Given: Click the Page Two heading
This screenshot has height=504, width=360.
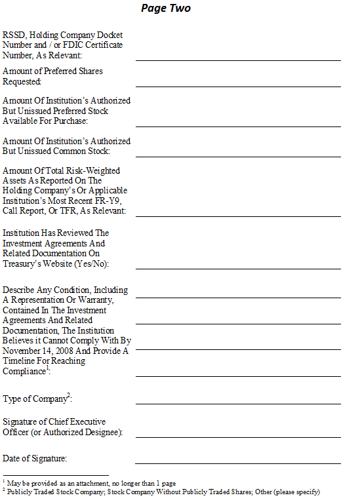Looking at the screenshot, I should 166,9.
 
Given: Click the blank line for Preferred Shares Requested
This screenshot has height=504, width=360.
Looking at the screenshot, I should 238,85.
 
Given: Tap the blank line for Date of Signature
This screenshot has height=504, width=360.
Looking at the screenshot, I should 238,463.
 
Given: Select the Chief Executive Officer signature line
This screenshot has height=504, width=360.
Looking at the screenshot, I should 238,436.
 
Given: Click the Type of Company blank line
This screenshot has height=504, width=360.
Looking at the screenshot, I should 238,403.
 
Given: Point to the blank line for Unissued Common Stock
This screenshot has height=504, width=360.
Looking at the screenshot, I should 238,155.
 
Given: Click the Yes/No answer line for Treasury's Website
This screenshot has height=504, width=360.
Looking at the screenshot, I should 238,267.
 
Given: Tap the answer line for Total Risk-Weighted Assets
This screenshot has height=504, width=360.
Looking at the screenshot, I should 238,215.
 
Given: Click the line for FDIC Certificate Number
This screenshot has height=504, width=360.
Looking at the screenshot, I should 238,60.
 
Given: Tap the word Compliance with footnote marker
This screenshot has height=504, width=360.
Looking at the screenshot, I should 26,372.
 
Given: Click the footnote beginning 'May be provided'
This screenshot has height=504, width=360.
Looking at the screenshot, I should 91,482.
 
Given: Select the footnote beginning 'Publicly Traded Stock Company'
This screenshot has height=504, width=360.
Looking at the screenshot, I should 163,491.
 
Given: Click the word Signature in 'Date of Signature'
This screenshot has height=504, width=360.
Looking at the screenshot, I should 48,458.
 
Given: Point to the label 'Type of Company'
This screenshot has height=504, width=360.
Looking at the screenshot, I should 36,398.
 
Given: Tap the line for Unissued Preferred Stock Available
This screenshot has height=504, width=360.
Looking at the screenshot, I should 238,125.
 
